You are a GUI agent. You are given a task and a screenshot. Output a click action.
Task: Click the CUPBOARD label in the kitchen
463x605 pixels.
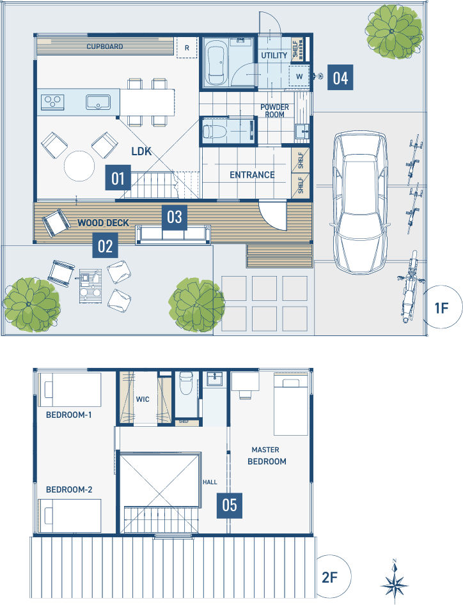105,47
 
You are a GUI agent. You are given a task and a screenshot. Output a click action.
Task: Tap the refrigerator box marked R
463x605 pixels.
187,48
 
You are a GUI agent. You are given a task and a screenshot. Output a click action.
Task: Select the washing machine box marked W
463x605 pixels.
299,77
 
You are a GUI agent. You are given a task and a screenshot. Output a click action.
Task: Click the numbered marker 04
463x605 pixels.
340,77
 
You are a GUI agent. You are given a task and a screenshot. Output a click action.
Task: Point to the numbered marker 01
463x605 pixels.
118,178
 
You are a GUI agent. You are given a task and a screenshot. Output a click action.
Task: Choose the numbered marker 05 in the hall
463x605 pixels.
230,505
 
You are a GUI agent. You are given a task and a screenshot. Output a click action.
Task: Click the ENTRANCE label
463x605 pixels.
252,175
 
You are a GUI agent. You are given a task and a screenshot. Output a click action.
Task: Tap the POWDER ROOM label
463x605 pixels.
274,111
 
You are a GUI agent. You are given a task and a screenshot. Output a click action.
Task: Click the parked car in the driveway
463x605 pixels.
360,203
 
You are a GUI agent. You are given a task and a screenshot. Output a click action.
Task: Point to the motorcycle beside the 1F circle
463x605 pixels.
410,286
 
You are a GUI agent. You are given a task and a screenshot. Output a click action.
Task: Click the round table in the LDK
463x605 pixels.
79,166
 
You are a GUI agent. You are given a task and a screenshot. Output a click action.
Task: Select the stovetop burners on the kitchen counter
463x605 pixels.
52,102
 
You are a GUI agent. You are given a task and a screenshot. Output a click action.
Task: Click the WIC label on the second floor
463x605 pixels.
143,399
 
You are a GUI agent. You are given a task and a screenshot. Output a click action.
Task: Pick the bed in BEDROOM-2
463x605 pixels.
70,516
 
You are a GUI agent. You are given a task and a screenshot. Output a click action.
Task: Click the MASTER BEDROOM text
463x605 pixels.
267,456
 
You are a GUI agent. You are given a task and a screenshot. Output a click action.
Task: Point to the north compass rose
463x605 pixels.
395,582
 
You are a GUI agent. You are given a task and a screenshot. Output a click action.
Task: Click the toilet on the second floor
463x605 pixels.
186,383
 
